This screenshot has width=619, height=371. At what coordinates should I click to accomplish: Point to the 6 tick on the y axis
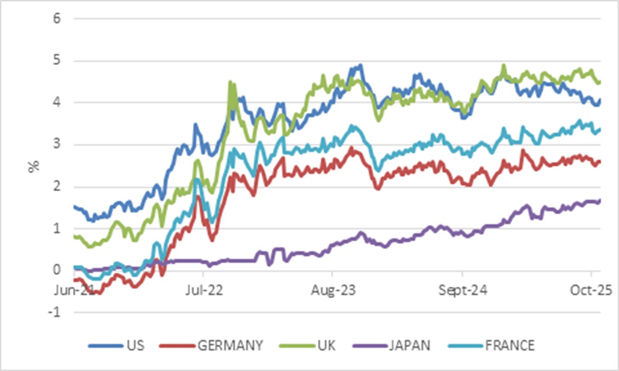coord(57,18)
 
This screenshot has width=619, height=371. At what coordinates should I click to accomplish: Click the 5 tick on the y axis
coord(57,61)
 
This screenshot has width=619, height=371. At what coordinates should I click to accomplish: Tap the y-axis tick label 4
coord(57,103)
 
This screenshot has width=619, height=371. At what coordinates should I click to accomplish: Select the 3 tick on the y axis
coord(57,145)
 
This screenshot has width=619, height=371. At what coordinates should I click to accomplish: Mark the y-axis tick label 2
coord(57,187)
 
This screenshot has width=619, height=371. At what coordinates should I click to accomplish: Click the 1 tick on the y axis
coord(57,229)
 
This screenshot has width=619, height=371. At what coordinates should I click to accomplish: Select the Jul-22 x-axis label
coord(203,291)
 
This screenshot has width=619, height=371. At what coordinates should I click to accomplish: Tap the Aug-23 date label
coord(332,291)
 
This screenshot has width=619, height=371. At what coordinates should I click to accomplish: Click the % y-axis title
coord(34,166)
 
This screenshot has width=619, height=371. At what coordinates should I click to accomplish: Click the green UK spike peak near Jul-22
coord(230,82)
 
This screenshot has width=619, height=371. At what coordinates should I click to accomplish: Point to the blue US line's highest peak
coord(360,65)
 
